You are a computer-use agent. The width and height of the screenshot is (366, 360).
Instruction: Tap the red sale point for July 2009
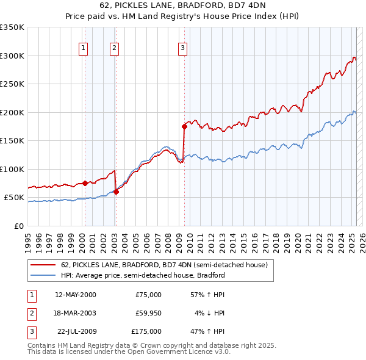184,127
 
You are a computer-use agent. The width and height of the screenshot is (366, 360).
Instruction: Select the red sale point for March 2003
116,192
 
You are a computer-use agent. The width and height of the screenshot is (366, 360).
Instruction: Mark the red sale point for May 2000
85,183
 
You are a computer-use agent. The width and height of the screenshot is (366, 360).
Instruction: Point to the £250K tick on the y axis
12,84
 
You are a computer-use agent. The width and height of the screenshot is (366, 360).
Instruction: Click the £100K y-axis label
12,169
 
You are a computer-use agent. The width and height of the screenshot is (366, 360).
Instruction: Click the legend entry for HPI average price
143,275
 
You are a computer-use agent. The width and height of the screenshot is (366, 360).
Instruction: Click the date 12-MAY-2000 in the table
76,295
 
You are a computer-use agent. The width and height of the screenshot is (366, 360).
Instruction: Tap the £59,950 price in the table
148,313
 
